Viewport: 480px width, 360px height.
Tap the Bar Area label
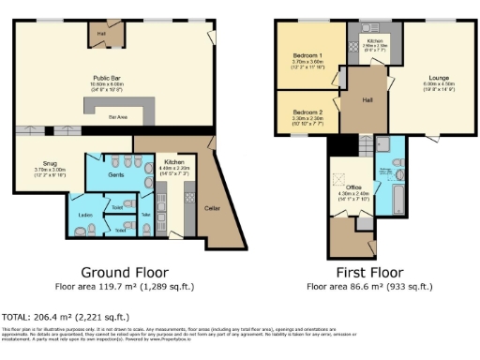tap(119, 117)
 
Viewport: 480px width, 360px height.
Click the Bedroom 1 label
tap(307, 55)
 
